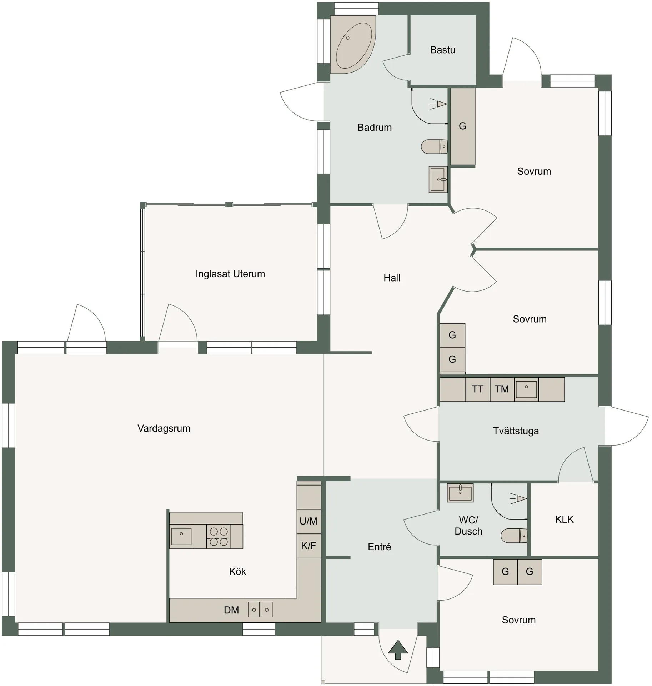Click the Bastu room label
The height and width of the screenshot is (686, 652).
[x=442, y=50]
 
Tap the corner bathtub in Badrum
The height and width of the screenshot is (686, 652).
[x=353, y=44]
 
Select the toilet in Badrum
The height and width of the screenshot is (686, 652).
[x=434, y=146]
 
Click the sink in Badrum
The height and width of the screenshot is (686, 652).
[x=438, y=179]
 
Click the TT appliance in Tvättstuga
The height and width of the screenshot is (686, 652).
[x=478, y=389]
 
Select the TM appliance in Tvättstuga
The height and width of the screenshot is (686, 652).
[x=502, y=389]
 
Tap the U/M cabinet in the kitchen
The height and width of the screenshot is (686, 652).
[x=309, y=521]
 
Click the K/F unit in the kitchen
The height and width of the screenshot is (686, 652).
[x=309, y=546]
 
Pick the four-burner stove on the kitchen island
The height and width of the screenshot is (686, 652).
[x=219, y=536]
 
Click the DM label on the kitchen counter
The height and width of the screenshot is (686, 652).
[x=231, y=610]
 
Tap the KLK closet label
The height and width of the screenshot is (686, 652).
[x=564, y=519]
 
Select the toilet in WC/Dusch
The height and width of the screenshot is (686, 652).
[x=514, y=536]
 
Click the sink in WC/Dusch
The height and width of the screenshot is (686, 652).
[x=460, y=493]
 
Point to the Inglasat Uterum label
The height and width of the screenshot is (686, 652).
[x=230, y=274]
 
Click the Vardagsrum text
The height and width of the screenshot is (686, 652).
[x=164, y=428]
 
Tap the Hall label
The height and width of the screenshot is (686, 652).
[x=392, y=278]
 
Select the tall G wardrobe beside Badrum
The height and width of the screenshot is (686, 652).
[x=463, y=126]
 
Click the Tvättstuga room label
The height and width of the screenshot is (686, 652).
[x=516, y=431]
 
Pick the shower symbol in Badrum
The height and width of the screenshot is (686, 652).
[x=438, y=104]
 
